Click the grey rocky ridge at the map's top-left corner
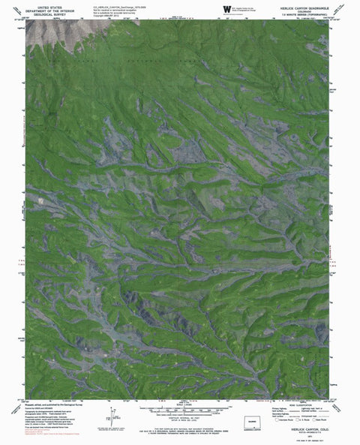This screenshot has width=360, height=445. tap(56, 34)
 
